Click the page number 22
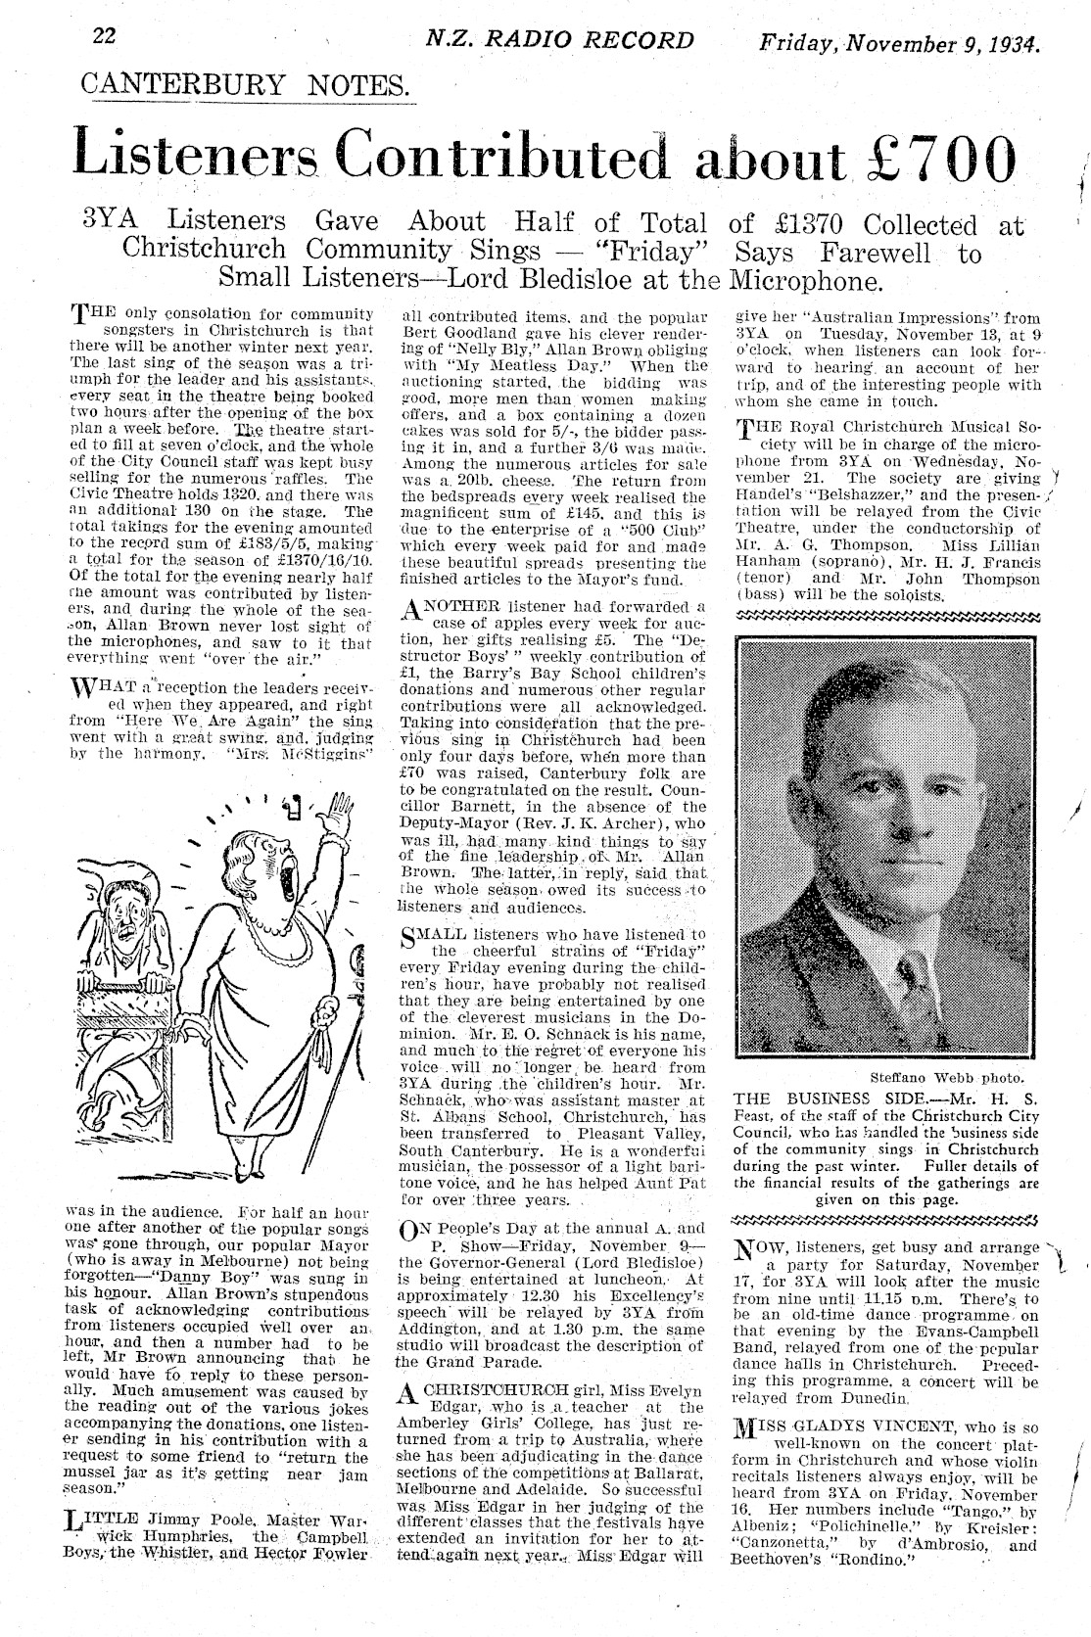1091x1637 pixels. [104, 36]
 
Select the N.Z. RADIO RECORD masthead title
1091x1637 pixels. [559, 40]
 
